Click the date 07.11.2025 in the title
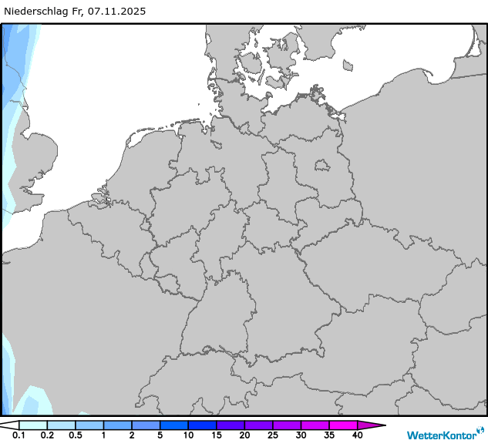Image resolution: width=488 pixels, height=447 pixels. point(116,12)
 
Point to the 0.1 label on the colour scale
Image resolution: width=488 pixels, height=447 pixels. point(19,436)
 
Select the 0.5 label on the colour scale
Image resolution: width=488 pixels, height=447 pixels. point(75,436)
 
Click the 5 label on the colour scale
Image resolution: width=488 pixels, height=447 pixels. point(160,436)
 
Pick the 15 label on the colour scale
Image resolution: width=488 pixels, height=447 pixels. point(216,436)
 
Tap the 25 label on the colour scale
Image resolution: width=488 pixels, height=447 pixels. point(272,436)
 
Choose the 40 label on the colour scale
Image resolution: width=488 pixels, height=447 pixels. point(357,436)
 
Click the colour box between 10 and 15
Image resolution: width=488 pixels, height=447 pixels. point(202,425)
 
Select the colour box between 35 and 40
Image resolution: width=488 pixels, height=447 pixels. point(343,425)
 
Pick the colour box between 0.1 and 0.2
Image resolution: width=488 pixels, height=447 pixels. point(32,425)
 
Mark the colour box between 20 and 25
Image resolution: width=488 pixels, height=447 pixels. point(258,425)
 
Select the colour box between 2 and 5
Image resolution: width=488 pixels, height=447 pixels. point(146,425)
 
